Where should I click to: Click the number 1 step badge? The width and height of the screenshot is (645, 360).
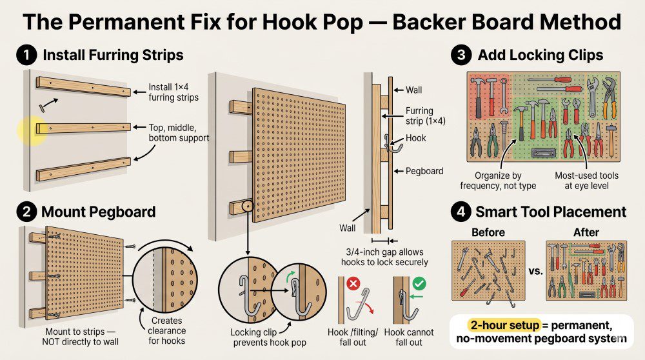[x=26, y=55]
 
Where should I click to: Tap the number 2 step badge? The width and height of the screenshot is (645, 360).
[x=26, y=211]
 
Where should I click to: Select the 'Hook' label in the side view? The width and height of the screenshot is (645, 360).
[x=415, y=138]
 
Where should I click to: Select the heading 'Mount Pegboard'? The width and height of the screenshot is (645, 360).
[x=99, y=211]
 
